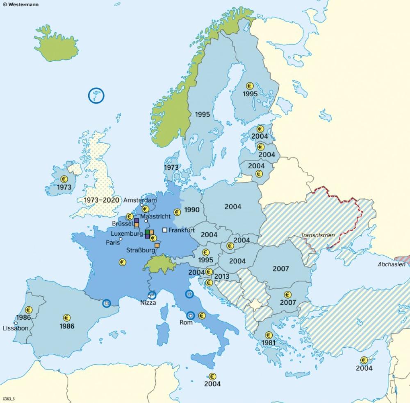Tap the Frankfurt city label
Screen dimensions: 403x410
click(x=181, y=230)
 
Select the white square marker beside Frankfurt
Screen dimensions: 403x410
click(x=165, y=230)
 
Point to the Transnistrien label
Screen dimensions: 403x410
click(x=318, y=235)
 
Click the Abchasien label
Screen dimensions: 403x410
click(x=392, y=264)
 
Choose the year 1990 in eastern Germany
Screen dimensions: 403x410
click(x=191, y=210)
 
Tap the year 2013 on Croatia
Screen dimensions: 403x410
click(x=221, y=277)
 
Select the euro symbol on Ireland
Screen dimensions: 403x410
click(x=64, y=179)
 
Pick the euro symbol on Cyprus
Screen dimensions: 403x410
click(x=364, y=360)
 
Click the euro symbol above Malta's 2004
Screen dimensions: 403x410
click(x=212, y=376)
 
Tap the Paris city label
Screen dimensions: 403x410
click(x=113, y=242)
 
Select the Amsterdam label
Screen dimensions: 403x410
click(x=140, y=200)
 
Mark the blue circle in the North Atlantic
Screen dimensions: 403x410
click(x=96, y=96)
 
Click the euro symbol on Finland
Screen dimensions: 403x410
click(x=249, y=86)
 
